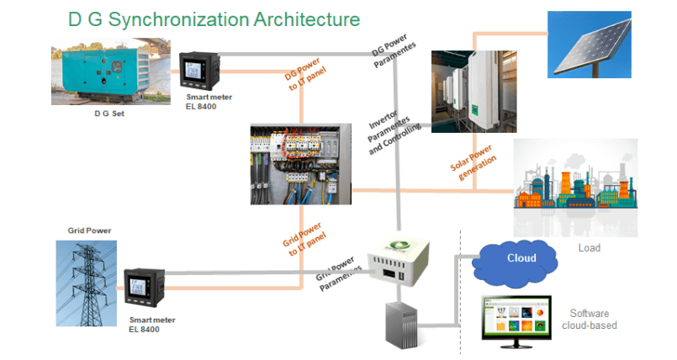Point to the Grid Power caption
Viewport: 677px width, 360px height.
tap(89, 230)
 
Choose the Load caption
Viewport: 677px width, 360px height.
tap(590, 249)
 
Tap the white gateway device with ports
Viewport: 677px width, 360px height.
tap(399, 262)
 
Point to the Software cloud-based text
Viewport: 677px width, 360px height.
tap(593, 320)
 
